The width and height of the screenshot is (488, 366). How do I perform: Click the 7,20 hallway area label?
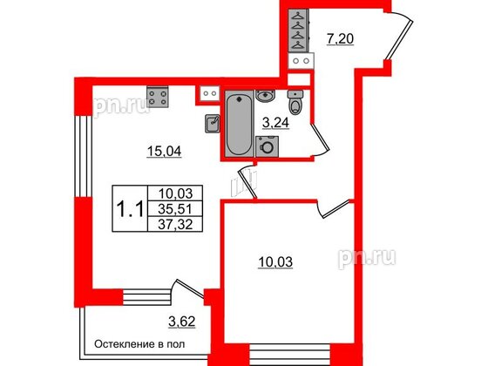pyautogui.click(x=340, y=39)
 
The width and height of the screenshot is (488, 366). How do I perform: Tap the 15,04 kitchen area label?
pyautogui.click(x=164, y=152)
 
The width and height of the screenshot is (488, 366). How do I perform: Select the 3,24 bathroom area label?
pyautogui.click(x=275, y=123)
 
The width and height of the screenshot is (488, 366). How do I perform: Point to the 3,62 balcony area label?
pyautogui.click(x=182, y=322)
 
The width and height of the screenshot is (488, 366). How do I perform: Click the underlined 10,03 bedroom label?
pyautogui.click(x=275, y=262)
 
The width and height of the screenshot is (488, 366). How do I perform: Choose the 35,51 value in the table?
pyautogui.click(x=175, y=209)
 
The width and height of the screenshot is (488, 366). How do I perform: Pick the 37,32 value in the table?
pyautogui.click(x=175, y=224)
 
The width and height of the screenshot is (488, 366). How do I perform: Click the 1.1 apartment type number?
pyautogui.click(x=130, y=209)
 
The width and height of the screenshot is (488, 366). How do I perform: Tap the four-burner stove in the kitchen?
pyautogui.click(x=158, y=97)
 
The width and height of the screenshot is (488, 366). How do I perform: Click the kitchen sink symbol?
pyautogui.click(x=213, y=124)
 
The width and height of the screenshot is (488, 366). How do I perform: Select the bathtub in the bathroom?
pyautogui.click(x=239, y=124)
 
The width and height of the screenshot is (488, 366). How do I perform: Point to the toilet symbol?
pyautogui.click(x=295, y=103)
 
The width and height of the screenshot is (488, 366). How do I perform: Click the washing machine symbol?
pyautogui.click(x=267, y=146)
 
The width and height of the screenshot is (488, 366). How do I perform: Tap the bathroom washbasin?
pyautogui.click(x=265, y=95)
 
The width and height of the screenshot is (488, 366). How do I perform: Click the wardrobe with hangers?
pyautogui.click(x=298, y=30)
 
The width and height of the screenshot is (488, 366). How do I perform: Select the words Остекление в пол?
pyautogui.click(x=139, y=344)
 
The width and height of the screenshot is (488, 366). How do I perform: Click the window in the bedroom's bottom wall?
pyautogui.click(x=289, y=354)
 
